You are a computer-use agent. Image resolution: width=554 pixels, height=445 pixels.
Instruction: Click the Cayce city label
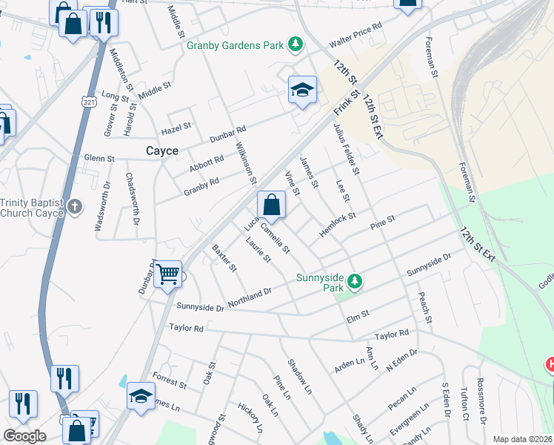[161, 151]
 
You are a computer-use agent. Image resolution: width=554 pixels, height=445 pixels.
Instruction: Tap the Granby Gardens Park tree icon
[296, 45]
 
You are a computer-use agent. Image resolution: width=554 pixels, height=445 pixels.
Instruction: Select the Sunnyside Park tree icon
[356, 281]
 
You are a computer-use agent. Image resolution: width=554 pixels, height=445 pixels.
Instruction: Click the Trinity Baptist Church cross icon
[74, 207]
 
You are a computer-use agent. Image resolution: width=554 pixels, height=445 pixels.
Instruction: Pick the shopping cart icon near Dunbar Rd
[168, 275]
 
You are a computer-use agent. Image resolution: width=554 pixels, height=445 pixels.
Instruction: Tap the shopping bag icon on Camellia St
[272, 205]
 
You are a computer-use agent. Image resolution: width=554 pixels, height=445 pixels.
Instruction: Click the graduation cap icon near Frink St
[302, 91]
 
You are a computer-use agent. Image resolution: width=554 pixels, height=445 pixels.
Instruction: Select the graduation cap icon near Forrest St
[141, 396]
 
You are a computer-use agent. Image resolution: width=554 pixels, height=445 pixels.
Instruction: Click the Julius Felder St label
[345, 149]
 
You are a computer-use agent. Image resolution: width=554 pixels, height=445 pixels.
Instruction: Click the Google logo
[24, 436]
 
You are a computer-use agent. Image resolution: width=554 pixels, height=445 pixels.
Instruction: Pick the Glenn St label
[99, 158]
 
